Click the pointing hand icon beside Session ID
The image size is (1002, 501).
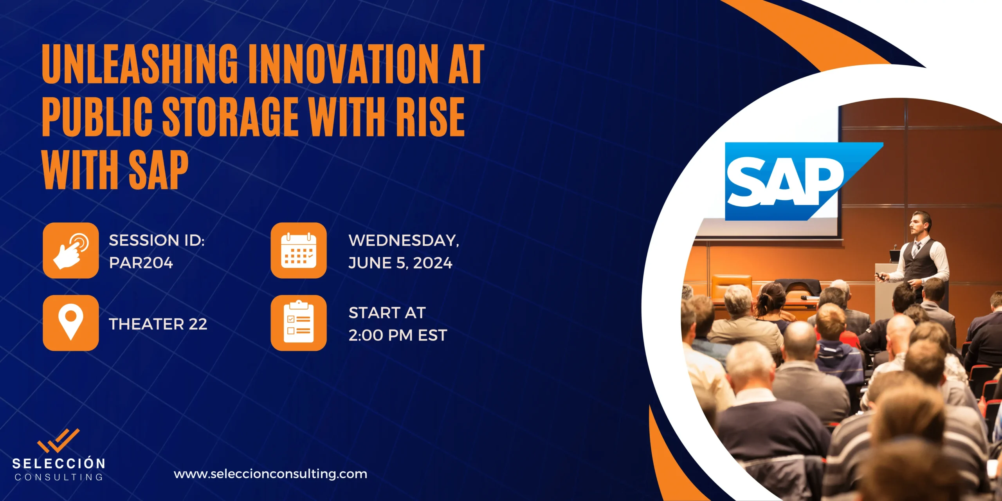coord(71,250)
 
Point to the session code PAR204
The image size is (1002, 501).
coord(141,263)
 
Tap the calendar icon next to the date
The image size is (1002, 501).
coord(299,250)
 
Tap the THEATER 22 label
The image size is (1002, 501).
coord(158,324)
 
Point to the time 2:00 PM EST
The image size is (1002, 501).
coord(398,335)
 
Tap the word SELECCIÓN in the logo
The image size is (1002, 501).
coord(59,463)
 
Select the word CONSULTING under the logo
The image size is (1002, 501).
coord(59,477)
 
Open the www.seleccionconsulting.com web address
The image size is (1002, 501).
coord(270,474)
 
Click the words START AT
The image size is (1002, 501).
coord(387,313)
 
